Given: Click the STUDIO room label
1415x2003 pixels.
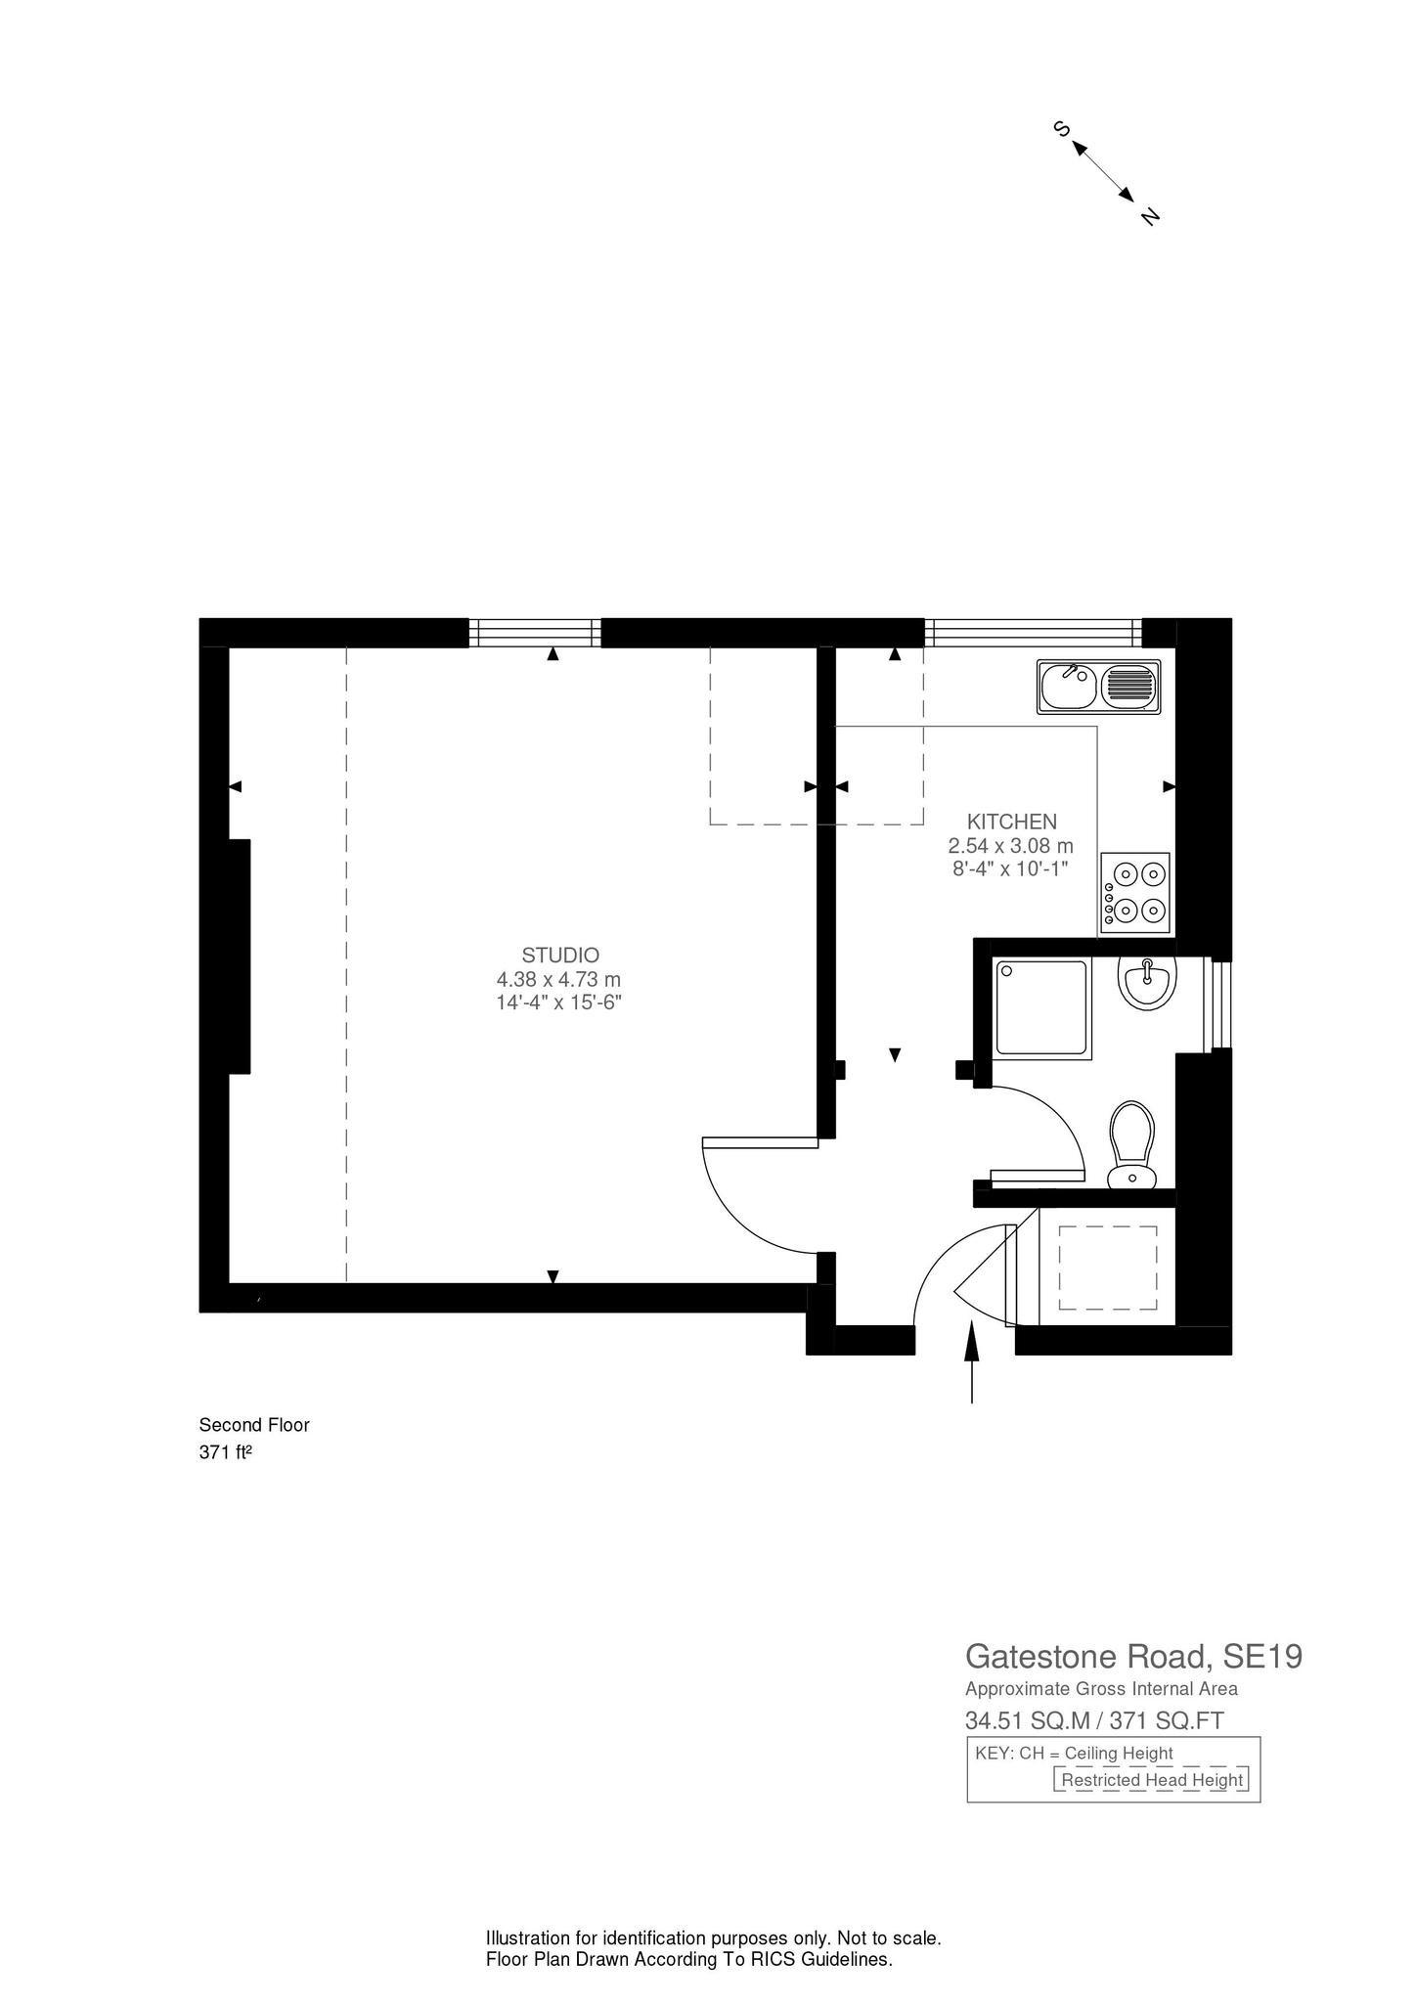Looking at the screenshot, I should point(559,955).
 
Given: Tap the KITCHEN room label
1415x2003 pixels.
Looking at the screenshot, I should point(1011,822).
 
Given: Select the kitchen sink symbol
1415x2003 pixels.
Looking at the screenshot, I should point(1099,686).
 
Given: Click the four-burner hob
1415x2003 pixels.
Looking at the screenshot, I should point(1135,892).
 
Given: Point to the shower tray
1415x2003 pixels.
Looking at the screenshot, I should point(1041,1008).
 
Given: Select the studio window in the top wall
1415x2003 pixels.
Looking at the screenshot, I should point(534,633).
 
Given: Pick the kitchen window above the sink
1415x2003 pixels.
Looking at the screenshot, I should point(1033,633).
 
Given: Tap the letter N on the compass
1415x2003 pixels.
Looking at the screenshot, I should point(1150,216).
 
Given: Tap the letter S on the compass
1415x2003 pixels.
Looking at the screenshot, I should point(1060,128).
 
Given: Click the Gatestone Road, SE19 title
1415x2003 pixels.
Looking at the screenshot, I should point(1133,1657).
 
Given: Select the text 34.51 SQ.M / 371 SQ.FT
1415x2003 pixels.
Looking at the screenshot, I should point(1094,1720).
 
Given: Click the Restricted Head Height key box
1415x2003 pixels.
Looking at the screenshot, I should point(1151,1779).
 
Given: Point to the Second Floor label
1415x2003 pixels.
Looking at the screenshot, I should point(254,1425).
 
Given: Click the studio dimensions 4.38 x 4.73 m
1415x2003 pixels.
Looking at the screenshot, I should point(558,979).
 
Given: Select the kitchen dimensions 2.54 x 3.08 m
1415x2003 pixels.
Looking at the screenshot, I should point(1010,845).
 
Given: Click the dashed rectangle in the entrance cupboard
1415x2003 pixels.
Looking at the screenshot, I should point(1108,1268).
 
